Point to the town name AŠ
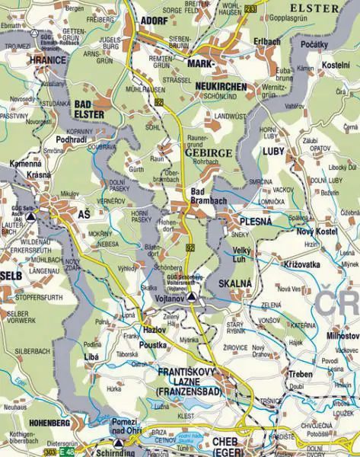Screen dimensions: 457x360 pos(83,216)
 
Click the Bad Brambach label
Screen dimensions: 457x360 pos(208,195)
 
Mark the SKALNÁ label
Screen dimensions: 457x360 pos(235,283)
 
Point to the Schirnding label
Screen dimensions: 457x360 pos(116,452)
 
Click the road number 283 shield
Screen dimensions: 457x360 pos(252,7)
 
